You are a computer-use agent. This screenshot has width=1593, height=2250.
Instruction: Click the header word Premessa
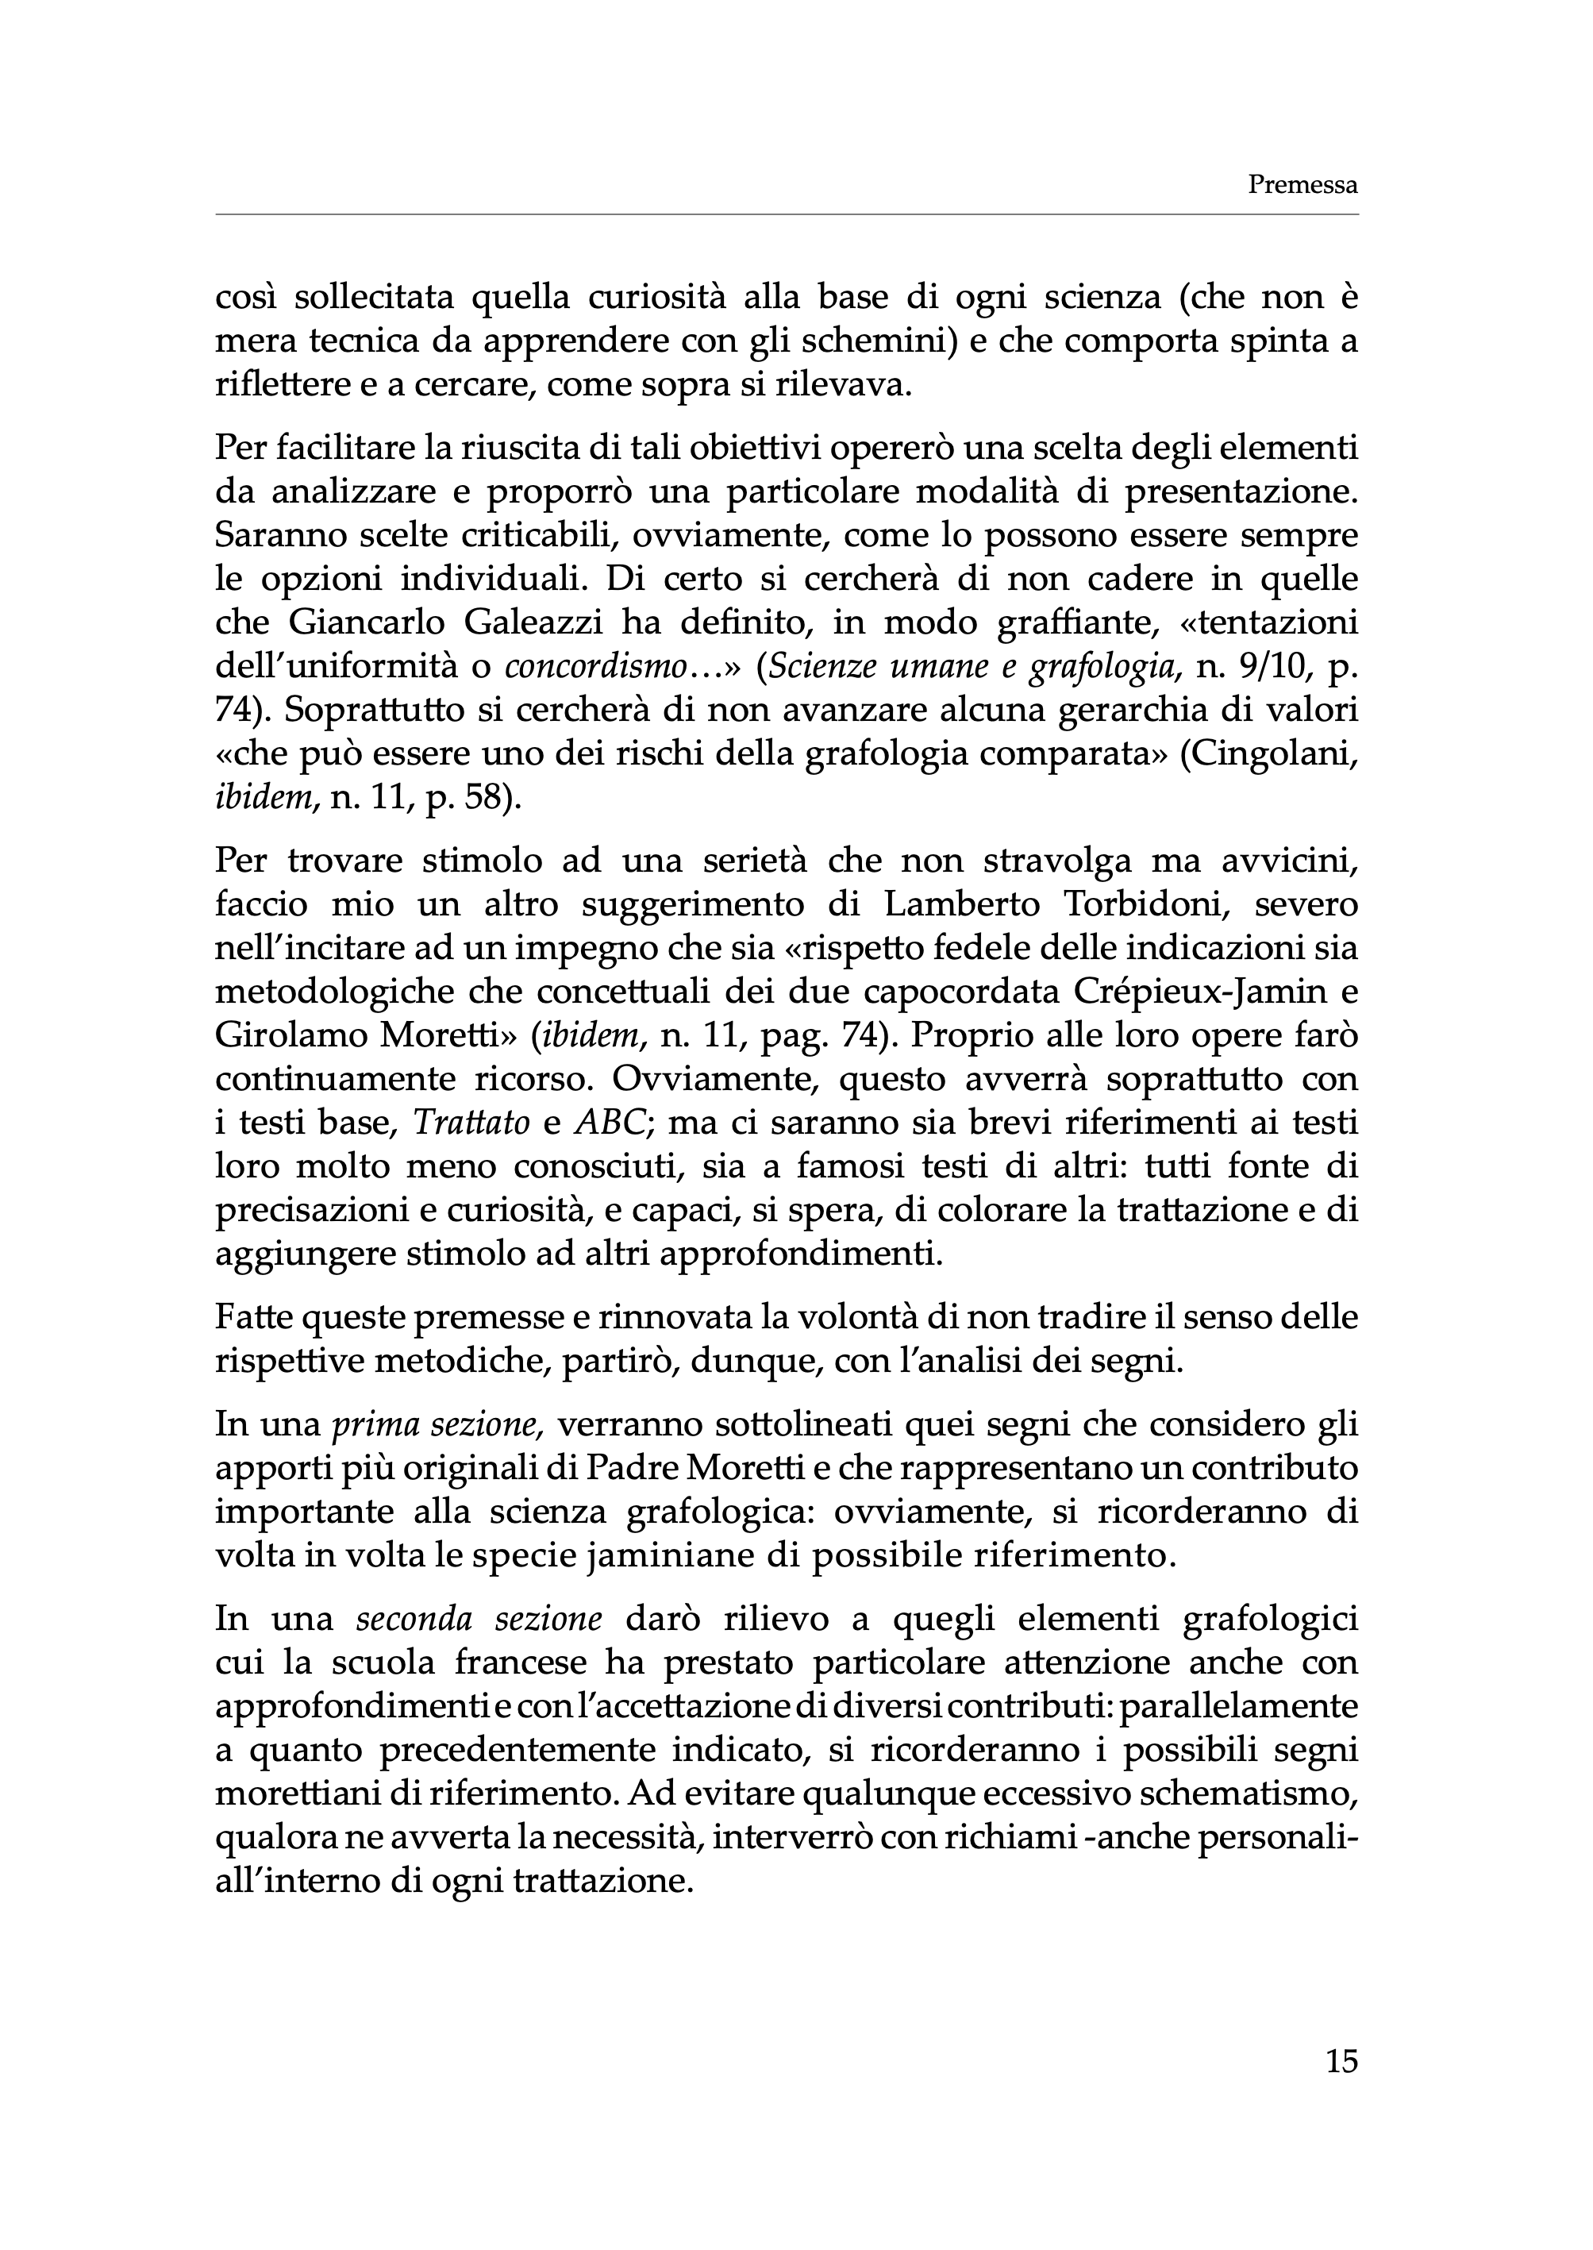[1302, 184]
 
